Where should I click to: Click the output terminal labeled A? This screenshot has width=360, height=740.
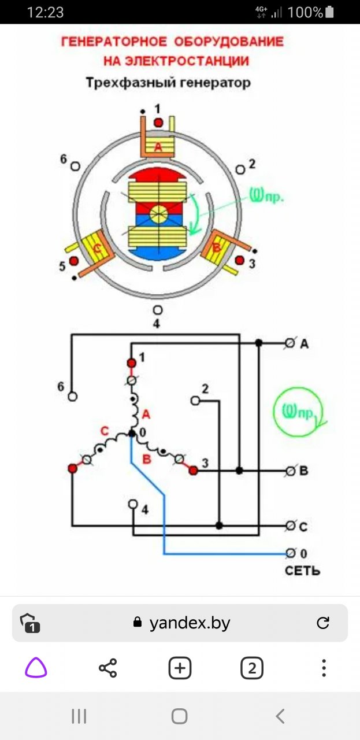tap(291, 343)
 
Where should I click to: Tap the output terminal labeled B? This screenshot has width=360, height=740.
tap(291, 471)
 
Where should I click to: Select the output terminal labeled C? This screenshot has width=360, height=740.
tap(291, 526)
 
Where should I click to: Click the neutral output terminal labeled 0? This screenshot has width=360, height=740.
tap(291, 553)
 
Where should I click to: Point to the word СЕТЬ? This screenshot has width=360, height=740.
tap(302, 571)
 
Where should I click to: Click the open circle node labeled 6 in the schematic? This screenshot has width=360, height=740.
tap(72, 397)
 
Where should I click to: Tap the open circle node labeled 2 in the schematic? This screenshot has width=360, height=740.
tap(195, 400)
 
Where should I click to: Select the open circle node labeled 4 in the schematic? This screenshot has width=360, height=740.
tap(133, 504)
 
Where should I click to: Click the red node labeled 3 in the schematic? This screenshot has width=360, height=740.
tap(193, 471)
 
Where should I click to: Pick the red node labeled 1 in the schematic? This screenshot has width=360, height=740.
tap(131, 362)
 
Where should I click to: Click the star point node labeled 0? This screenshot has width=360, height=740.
tap(132, 433)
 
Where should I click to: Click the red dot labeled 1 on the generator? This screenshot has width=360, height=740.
tap(158, 123)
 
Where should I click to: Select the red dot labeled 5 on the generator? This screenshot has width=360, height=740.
tap(74, 261)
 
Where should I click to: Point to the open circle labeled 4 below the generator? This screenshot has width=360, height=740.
tap(157, 310)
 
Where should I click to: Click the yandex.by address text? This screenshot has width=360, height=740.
tap(190, 623)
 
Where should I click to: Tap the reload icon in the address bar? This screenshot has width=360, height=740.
tap(323, 623)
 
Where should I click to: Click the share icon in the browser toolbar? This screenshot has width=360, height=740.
tap(107, 668)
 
